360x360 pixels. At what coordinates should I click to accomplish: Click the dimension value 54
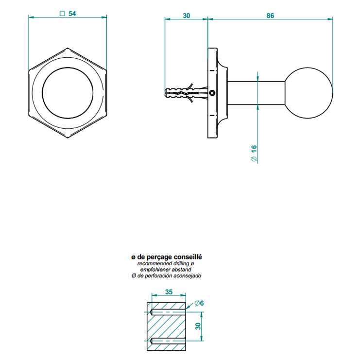(72, 14)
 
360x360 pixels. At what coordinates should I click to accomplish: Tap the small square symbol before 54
(62, 14)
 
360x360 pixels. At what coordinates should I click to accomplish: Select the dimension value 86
(270, 16)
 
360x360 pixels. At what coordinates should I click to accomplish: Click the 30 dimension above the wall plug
(187, 16)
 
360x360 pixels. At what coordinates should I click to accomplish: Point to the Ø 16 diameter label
(254, 154)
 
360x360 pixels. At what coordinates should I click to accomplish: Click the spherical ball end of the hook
(309, 93)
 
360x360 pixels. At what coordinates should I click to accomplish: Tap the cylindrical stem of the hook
(256, 93)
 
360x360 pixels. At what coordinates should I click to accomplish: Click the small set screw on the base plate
(212, 93)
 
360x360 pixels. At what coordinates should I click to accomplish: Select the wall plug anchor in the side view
(186, 93)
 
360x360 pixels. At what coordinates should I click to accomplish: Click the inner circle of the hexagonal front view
(68, 93)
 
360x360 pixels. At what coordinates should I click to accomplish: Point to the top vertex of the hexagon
(68, 48)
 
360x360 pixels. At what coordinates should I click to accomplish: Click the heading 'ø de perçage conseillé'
(167, 257)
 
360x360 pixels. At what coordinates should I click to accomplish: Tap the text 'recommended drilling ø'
(166, 263)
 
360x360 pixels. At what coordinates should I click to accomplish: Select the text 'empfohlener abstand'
(166, 270)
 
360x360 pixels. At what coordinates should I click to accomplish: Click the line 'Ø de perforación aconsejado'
(167, 275)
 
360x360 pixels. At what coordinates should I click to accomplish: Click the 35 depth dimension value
(169, 292)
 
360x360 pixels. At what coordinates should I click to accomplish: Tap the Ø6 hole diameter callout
(199, 303)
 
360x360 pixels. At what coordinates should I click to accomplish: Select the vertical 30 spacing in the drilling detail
(198, 326)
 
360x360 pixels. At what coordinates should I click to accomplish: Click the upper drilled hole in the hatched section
(168, 312)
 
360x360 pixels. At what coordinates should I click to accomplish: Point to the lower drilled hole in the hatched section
(168, 341)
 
